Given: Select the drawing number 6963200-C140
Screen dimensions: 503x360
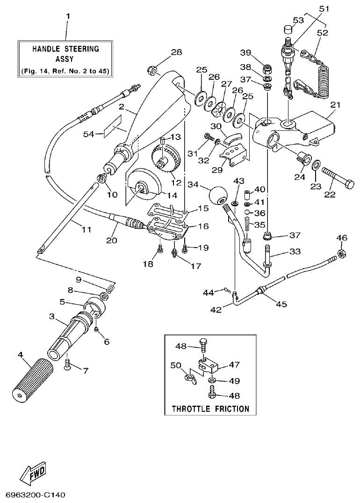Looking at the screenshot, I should [x=35, y=495].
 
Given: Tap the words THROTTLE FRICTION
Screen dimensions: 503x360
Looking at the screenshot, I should [x=210, y=408].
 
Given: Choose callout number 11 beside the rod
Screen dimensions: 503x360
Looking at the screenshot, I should [x=85, y=229].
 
